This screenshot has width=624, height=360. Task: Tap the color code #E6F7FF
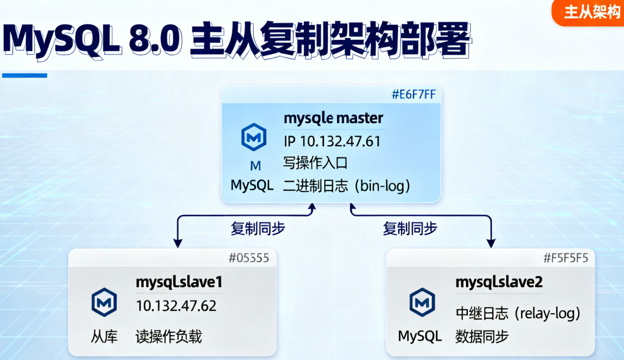coord(413,95)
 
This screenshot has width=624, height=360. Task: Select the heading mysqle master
coord(333,118)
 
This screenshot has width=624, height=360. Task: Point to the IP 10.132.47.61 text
coord(332,142)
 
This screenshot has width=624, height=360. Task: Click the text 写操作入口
coord(315,163)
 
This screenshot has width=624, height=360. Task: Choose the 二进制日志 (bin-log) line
coord(347,185)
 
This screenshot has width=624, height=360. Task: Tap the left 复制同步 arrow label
coord(258,228)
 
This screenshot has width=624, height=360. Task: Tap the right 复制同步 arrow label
coord(410,228)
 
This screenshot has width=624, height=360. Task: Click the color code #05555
coord(250,258)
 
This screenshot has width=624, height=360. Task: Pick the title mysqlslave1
coord(179,283)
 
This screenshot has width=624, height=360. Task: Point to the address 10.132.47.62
coord(176,306)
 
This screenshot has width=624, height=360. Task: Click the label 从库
coord(104,336)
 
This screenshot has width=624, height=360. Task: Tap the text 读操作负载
coord(169,336)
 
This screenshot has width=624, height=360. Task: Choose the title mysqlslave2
coord(499,283)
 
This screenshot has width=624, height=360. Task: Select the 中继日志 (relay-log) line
coord(518,313)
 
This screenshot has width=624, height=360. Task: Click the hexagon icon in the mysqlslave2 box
coord(422,302)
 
